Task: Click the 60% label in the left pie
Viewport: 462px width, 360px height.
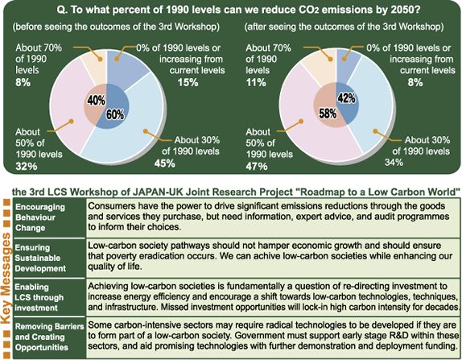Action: click(115, 114)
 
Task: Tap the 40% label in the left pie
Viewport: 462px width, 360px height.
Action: click(96, 100)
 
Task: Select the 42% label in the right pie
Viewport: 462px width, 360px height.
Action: click(346, 98)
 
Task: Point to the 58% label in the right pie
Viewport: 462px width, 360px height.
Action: click(328, 114)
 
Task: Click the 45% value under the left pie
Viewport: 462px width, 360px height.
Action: click(165, 163)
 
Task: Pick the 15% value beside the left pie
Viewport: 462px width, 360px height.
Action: click(188, 82)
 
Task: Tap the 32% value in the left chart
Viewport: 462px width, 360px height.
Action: click(27, 166)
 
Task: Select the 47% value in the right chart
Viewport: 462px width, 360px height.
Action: click(257, 166)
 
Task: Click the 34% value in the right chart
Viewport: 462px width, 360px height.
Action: click(394, 162)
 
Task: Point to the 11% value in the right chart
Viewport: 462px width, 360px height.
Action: click(256, 82)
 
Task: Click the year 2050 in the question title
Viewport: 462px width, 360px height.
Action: click(402, 10)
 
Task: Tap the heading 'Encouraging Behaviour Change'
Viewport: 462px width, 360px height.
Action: click(40, 217)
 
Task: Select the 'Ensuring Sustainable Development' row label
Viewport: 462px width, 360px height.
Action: click(40, 258)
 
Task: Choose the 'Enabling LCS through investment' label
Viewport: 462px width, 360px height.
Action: click(39, 297)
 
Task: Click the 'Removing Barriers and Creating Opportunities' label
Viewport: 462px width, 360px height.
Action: click(50, 337)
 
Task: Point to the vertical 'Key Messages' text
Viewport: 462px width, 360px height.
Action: click(6, 278)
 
